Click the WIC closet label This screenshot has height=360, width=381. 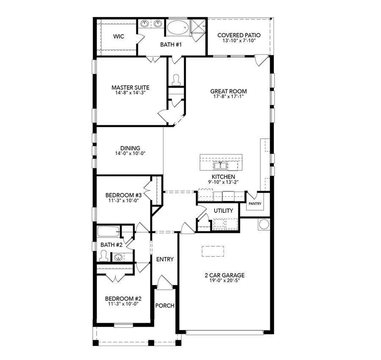[119, 36]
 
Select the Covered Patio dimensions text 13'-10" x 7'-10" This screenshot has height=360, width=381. [238, 41]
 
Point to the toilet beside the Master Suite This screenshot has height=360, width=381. [176, 79]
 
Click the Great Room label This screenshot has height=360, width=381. [228, 91]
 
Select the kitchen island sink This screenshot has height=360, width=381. [221, 164]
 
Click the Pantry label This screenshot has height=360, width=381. [255, 203]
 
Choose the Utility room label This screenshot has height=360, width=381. [223, 211]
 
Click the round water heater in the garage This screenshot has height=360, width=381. [264, 224]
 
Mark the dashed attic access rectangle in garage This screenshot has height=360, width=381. [213, 251]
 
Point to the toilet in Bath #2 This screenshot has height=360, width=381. [103, 255]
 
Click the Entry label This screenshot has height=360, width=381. [165, 259]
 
